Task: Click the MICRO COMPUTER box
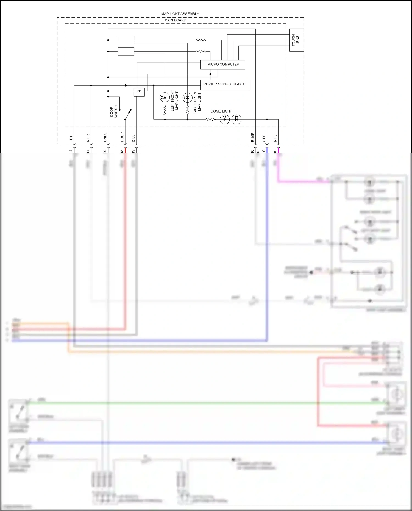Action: (223, 65)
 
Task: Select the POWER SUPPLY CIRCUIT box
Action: (225, 84)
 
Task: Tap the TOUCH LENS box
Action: (296, 40)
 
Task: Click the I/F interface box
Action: (139, 92)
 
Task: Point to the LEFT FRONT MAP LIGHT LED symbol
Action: (165, 97)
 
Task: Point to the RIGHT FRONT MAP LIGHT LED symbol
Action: (188, 97)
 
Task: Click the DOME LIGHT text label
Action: (221, 111)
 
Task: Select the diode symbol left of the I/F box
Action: (126, 85)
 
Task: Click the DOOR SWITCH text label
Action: (113, 112)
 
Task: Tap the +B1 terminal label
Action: (71, 139)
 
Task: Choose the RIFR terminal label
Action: (88, 138)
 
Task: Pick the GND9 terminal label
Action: (105, 138)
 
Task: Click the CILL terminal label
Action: (133, 138)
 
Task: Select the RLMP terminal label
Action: (252, 138)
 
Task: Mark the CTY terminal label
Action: (264, 139)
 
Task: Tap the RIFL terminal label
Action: (275, 138)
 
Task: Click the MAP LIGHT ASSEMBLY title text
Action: (180, 14)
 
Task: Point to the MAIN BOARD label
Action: (175, 20)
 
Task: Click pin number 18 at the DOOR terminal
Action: (122, 151)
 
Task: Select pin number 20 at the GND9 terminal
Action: (105, 151)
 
